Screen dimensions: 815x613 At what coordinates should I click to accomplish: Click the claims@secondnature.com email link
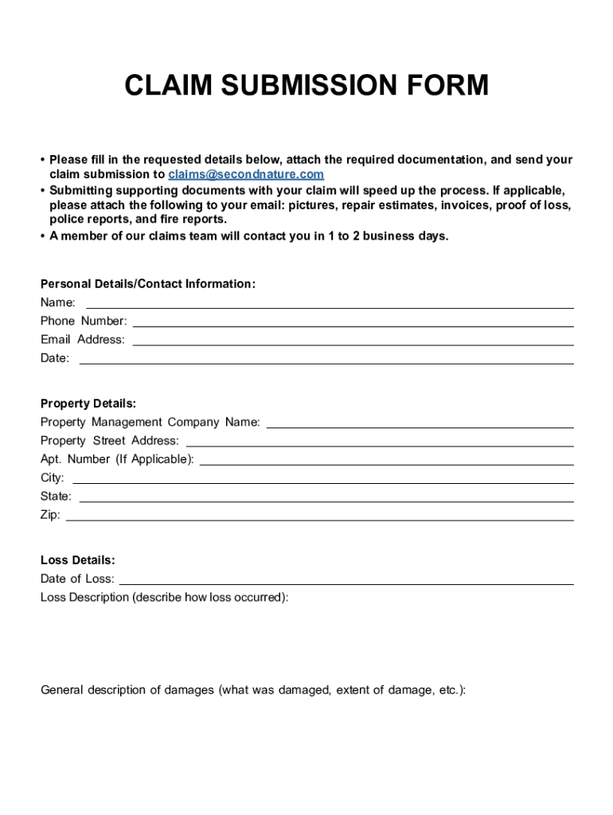246,174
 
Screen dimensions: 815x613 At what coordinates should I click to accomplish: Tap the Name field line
330,303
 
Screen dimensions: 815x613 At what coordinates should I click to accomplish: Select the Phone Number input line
353,322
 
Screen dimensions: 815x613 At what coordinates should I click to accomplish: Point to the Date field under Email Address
326,359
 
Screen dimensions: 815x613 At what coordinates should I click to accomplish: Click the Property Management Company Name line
420,423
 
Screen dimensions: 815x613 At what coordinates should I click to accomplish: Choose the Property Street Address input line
380,441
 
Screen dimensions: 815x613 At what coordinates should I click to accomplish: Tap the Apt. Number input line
387,460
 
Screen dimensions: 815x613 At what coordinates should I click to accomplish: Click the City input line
323,478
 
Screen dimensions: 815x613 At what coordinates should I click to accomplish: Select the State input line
326,497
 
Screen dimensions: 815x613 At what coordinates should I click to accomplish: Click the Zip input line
320,516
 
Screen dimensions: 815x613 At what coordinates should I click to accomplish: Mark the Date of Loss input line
346,579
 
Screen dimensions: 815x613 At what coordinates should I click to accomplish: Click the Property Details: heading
88,404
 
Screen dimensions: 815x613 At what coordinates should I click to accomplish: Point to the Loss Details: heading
78,560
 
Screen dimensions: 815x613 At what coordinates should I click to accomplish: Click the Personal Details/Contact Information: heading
148,284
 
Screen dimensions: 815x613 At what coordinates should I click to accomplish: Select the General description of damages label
253,690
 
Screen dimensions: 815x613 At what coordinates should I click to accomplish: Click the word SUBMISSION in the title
306,85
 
